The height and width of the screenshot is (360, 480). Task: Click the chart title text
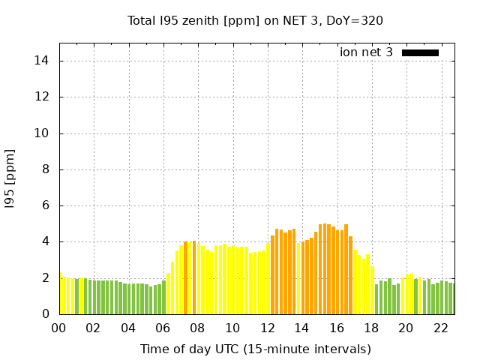(255, 20)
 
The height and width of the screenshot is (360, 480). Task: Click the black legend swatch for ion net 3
(420, 52)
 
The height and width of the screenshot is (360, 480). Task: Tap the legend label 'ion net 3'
(366, 52)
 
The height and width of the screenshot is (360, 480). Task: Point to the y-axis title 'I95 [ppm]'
(10, 179)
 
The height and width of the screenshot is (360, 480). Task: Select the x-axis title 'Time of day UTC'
(255, 349)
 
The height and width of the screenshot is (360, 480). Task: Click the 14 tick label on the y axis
(43, 61)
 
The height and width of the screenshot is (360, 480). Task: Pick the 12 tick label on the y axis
(43, 97)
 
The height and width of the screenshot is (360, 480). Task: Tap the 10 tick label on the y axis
(43, 133)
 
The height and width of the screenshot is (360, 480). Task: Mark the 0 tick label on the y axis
(46, 314)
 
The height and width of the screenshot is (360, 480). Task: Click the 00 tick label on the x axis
(59, 328)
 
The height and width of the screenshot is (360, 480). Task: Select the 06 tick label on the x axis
(163, 328)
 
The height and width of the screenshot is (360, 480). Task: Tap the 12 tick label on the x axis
(268, 328)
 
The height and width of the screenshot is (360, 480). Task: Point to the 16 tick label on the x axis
(337, 328)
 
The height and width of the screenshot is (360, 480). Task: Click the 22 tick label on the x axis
(441, 328)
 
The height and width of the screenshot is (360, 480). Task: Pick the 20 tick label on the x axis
(406, 328)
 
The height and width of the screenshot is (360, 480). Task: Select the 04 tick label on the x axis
(128, 328)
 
